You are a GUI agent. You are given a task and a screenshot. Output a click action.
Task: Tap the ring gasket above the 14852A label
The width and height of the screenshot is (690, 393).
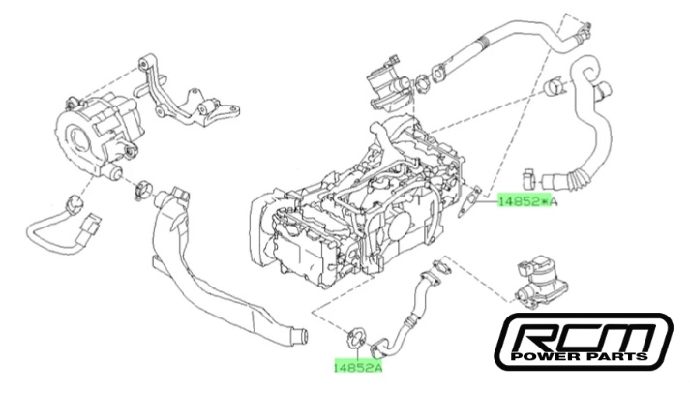click(355, 338)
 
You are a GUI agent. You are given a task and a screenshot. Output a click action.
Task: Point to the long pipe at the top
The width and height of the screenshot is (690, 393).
click(503, 44)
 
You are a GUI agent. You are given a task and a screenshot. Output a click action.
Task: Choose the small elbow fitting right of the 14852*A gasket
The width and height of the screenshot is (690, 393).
click(529, 177)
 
